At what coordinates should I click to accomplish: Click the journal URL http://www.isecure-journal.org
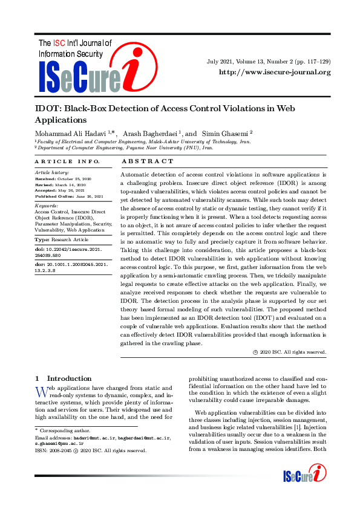coord(275,73)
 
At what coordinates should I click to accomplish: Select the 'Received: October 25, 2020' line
coord(63,180)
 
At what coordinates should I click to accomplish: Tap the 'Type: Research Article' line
coord(62,240)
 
